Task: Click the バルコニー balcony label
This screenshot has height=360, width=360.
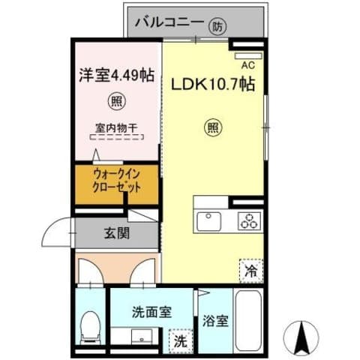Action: [168, 24]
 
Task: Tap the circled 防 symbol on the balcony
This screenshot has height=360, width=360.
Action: [217, 25]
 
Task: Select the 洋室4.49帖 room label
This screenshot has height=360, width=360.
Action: [116, 75]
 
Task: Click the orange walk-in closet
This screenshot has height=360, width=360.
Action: [117, 182]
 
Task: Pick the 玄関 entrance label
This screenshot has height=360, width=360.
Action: [116, 233]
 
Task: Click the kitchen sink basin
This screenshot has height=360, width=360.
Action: [208, 221]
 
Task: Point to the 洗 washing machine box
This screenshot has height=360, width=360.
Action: [180, 340]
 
